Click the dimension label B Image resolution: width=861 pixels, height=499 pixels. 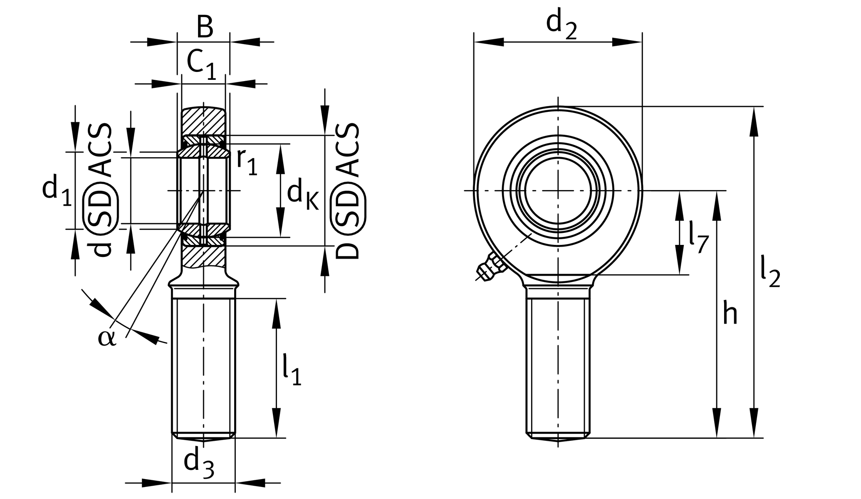[205, 28]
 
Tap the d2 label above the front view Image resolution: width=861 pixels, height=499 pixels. [561, 25]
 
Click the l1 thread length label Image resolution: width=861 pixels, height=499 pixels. [291, 369]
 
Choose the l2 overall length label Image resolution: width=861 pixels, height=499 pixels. [770, 271]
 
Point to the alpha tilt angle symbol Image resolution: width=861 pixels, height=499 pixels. [107, 338]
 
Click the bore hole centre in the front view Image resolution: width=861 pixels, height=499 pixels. [558, 190]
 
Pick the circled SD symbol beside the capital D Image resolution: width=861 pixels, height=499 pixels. [348, 208]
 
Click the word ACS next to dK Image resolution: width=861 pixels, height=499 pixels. [348, 150]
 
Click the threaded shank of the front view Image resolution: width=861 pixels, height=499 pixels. [558, 362]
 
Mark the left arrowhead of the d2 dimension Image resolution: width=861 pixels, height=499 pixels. [489, 42]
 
